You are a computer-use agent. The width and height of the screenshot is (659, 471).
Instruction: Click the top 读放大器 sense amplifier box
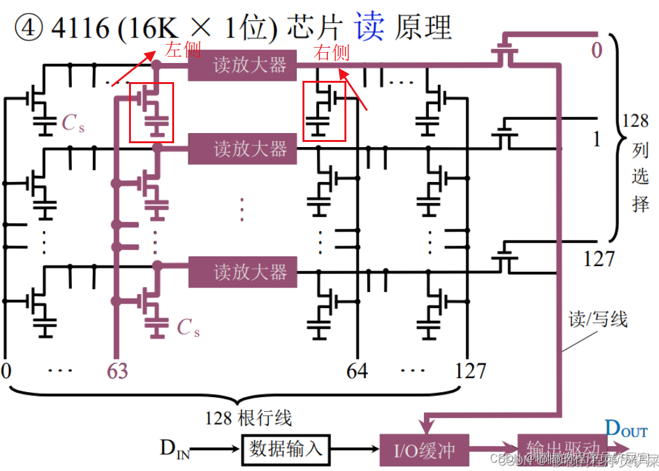tap(242, 65)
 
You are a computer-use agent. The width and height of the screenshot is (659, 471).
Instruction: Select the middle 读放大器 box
tap(242, 149)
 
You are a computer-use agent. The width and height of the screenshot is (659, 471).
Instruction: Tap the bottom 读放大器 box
tap(242, 272)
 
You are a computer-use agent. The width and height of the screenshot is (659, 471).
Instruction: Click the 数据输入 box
tap(285, 449)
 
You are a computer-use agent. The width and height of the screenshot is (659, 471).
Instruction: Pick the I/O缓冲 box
tap(425, 450)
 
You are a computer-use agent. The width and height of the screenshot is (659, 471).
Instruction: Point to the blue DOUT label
tap(626, 430)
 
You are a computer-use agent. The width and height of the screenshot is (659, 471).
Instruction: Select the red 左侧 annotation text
tap(183, 50)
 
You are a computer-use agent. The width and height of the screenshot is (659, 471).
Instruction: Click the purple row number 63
tap(116, 370)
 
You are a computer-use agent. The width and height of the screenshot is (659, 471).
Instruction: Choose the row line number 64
tap(357, 370)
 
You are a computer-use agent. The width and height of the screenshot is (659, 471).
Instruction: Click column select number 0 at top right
tap(596, 50)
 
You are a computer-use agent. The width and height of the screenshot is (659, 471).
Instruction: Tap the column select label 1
tap(596, 139)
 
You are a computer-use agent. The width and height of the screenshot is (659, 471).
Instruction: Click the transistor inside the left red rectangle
tap(151, 111)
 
